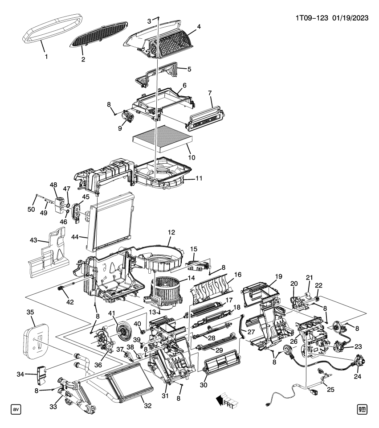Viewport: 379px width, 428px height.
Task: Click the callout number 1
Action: (x=45, y=57)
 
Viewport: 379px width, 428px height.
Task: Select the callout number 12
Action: (x=172, y=232)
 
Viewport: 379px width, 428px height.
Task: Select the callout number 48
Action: (x=53, y=185)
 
